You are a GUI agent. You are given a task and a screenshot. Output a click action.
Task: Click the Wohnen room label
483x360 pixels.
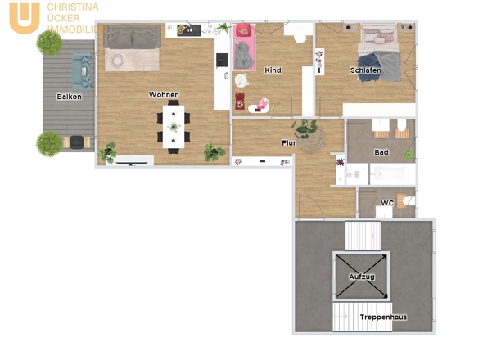click(164, 95)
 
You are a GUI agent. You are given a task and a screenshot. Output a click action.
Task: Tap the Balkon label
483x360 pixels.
click(70, 97)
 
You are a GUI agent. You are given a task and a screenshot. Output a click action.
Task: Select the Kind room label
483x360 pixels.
click(273, 70)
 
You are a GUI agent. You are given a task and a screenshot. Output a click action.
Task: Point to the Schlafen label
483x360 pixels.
click(366, 70)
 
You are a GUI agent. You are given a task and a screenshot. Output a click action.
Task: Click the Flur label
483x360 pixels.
click(289, 143)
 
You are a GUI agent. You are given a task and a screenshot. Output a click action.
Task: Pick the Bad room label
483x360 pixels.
click(381, 152)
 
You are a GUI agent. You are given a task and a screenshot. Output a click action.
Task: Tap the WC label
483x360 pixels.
click(387, 203)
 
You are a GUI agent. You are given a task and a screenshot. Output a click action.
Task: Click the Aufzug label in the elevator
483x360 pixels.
click(362, 277)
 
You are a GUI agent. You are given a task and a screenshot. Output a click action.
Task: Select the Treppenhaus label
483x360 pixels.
click(383, 317)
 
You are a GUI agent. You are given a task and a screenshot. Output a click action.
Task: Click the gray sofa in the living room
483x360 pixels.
click(132, 37)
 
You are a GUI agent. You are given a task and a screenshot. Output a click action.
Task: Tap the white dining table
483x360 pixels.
click(174, 127)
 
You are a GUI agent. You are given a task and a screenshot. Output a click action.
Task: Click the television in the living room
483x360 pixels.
click(132, 163)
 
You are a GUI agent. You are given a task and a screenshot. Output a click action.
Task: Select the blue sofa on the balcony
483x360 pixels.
click(82, 72)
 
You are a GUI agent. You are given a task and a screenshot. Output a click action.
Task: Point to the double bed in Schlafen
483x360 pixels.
click(379, 53)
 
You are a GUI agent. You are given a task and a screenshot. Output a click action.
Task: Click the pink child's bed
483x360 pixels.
click(244, 47)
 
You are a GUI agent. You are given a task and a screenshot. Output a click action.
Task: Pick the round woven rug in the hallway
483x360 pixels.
click(311, 139)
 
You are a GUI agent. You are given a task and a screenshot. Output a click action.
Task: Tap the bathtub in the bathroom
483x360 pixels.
click(392, 174)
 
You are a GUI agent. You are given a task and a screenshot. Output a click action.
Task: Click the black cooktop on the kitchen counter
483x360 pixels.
click(222, 60)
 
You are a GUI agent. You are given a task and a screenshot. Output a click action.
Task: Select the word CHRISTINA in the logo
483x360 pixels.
click(73, 7)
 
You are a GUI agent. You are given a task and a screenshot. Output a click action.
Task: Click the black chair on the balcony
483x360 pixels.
click(77, 142)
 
